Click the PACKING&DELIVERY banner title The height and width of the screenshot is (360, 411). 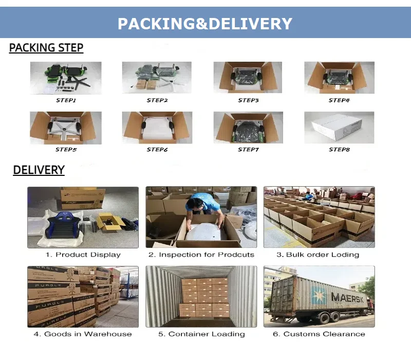[205, 24]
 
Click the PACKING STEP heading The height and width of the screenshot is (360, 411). [46, 48]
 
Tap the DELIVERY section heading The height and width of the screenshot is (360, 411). [39, 170]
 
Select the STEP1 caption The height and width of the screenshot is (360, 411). [66, 100]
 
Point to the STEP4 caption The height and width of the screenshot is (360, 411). [339, 100]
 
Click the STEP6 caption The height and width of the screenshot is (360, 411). [157, 150]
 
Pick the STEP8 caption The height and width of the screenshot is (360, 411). [339, 150]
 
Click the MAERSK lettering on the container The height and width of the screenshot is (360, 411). [349, 297]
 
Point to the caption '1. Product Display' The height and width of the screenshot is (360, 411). [83, 255]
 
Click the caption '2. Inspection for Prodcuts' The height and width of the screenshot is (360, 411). [201, 255]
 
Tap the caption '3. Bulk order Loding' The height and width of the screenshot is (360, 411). [318, 255]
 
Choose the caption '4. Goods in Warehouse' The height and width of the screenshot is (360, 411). [83, 334]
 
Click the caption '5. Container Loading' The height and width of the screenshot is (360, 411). [201, 334]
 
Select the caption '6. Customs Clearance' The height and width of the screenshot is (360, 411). [319, 334]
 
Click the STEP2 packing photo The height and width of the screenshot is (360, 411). [157, 78]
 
